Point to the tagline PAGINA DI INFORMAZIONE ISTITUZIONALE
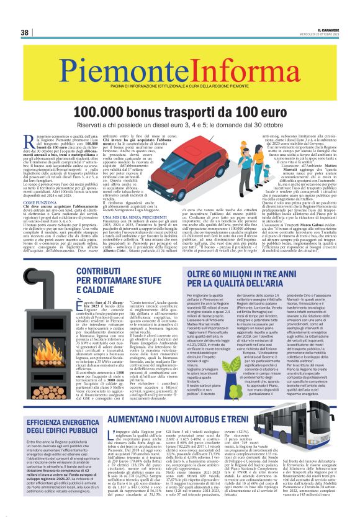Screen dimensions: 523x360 [x=179, y=78]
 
